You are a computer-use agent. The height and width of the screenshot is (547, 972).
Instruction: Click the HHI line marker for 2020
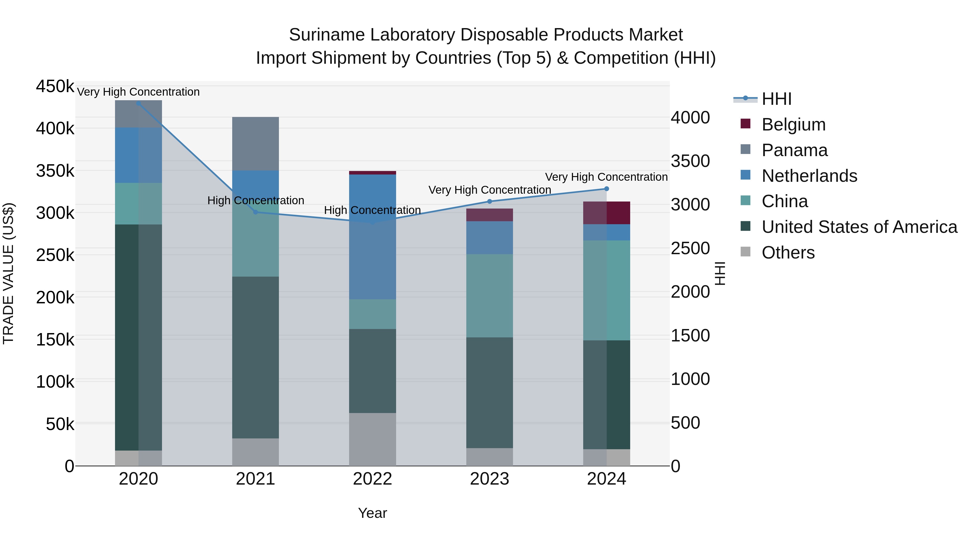tap(139, 103)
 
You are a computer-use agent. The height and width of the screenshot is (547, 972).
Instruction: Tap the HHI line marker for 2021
tap(255, 212)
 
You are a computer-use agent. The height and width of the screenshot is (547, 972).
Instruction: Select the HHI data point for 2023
tap(490, 201)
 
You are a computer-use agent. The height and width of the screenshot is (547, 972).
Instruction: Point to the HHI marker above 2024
tap(607, 189)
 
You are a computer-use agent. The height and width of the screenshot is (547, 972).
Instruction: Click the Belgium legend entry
tap(793, 125)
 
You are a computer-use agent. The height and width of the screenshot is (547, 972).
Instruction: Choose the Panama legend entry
tap(794, 150)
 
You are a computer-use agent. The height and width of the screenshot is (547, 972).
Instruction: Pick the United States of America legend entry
tap(859, 227)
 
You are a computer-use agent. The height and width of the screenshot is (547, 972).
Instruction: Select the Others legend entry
tap(788, 253)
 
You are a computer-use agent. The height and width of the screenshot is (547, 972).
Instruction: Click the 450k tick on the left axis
tap(55, 86)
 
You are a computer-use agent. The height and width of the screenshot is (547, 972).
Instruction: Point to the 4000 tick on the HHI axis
tap(690, 118)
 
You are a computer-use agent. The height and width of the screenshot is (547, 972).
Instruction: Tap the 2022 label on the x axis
tap(372, 479)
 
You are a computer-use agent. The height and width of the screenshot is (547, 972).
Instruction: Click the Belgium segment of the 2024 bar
tap(607, 213)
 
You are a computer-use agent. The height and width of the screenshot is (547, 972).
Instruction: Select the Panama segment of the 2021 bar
tap(255, 143)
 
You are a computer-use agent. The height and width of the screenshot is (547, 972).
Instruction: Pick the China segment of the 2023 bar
tap(490, 296)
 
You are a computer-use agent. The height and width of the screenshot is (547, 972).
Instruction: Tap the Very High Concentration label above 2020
tap(139, 92)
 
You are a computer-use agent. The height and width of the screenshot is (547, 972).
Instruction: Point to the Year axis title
tap(372, 513)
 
